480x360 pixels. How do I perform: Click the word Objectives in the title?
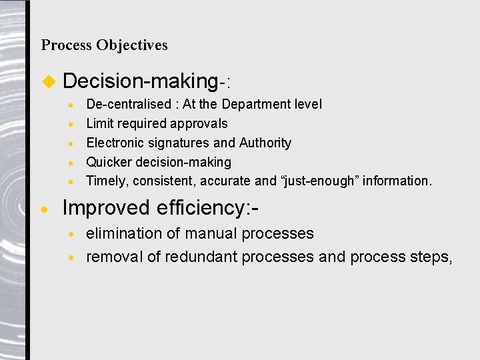[x=131, y=45]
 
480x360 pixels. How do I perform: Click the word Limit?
[x=99, y=123]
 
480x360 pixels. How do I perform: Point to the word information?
[x=397, y=181]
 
